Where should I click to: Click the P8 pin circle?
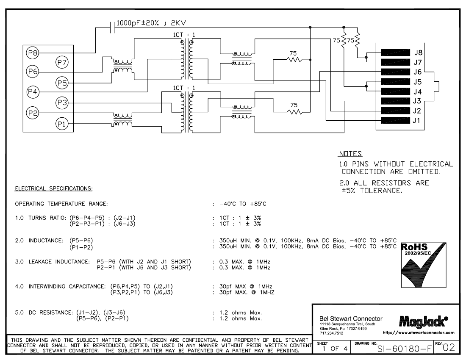[x=32, y=53]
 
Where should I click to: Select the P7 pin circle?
[x=62, y=62]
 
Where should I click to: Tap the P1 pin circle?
[x=62, y=124]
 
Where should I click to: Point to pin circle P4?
[x=32, y=92]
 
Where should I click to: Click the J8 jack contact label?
[x=418, y=53]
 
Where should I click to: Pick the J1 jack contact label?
[x=417, y=120]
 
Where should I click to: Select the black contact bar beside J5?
[x=395, y=82]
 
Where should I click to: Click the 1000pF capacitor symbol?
[x=112, y=28]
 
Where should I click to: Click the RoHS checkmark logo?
[x=424, y=265]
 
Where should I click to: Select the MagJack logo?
[x=423, y=321]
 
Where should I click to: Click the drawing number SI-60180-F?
[x=404, y=348]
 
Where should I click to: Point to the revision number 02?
[x=449, y=348]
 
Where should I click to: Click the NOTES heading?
[x=350, y=154]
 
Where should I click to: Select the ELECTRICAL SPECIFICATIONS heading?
[x=54, y=188]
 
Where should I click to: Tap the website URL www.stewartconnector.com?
[x=419, y=332]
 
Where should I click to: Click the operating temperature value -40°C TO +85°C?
[x=243, y=204]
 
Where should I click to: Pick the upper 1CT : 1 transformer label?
[x=184, y=35]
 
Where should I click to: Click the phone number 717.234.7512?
[x=331, y=333]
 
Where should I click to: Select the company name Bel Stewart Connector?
[x=351, y=319]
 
